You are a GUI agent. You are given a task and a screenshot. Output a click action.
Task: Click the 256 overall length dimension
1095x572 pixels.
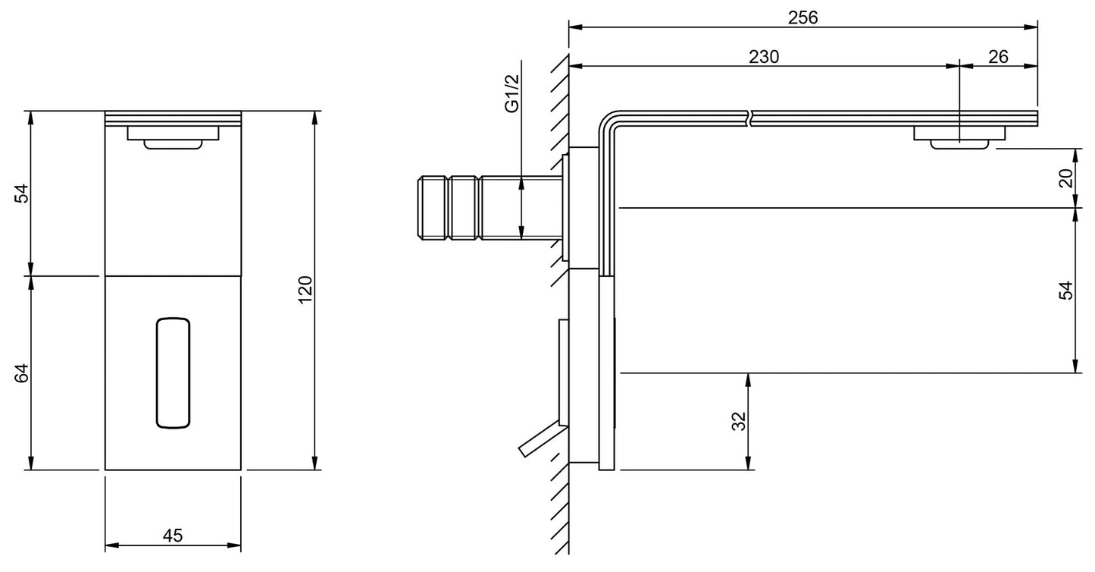click(x=802, y=17)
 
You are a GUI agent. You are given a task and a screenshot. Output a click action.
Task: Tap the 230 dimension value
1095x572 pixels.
click(x=764, y=57)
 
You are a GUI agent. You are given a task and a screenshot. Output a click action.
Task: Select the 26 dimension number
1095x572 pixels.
click(x=998, y=57)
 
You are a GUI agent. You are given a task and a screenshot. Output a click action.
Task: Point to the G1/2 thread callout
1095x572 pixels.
click(x=512, y=93)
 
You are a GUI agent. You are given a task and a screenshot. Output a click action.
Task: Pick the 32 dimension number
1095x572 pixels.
click(x=739, y=421)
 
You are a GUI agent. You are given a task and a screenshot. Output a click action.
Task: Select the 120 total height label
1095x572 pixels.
click(x=305, y=290)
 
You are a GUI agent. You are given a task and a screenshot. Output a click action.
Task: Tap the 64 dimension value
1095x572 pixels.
click(x=21, y=373)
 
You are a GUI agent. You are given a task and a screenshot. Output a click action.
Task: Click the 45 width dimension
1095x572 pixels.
click(x=173, y=536)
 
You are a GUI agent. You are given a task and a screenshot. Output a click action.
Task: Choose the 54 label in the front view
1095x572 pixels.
click(x=21, y=193)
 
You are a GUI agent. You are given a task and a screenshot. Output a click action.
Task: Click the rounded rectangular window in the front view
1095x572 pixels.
click(x=173, y=373)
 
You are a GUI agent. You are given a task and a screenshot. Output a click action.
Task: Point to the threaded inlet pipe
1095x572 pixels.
click(x=490, y=208)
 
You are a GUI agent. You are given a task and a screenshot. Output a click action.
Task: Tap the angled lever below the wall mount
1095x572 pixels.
click(x=542, y=441)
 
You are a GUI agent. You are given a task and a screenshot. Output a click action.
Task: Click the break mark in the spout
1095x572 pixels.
click(x=751, y=118)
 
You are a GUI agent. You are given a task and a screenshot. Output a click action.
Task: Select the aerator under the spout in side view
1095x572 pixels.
click(x=959, y=137)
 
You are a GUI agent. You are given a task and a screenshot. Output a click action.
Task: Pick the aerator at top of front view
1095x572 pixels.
click(x=173, y=137)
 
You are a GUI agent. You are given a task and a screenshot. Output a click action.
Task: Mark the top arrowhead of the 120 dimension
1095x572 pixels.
click(x=314, y=118)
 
